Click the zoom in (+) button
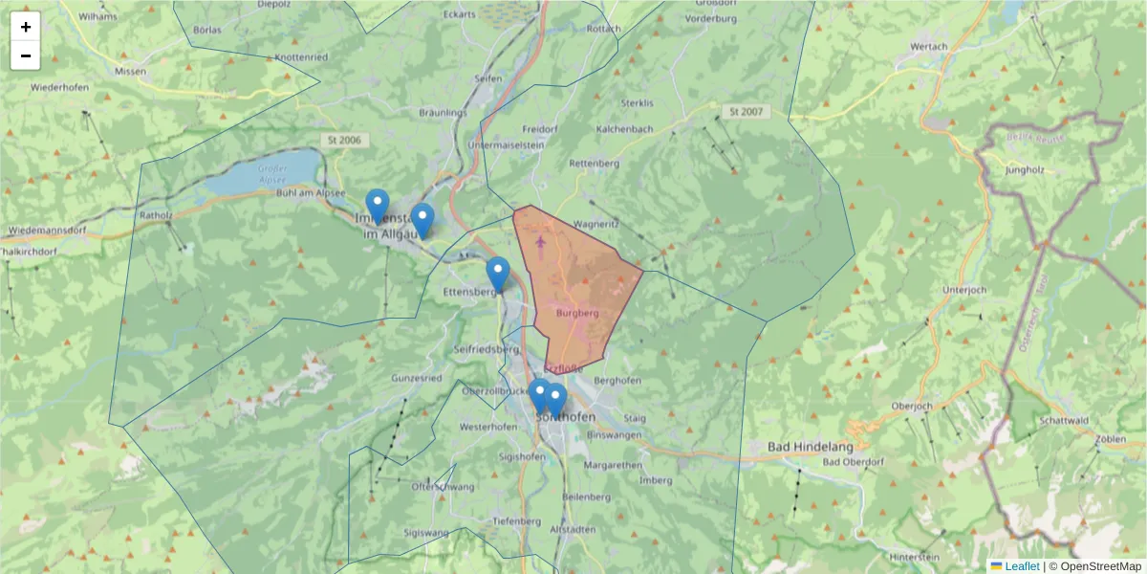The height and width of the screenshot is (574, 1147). (26, 27)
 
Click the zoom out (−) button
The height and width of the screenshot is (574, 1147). (26, 55)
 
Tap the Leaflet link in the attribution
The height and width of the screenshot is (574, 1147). (1021, 566)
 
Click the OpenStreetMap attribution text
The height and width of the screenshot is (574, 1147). (1100, 566)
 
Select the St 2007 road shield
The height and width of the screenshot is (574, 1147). (747, 112)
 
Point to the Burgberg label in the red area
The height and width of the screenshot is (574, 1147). (576, 313)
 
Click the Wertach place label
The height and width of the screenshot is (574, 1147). (929, 46)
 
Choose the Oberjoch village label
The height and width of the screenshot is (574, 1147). (910, 407)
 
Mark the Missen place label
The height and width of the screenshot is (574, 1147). (130, 72)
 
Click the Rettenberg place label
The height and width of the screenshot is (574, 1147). (594, 164)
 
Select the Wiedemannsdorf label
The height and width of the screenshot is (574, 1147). (48, 231)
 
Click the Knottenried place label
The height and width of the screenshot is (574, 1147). (301, 57)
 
